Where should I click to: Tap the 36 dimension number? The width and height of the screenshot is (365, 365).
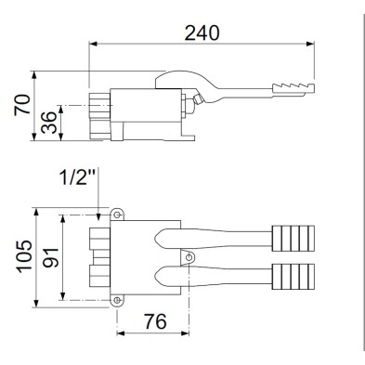click(50, 121)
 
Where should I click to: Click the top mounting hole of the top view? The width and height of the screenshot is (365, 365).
click(117, 215)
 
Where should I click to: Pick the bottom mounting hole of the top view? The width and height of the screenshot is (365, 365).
click(117, 300)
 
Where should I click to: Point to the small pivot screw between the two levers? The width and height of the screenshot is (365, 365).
click(189, 257)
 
